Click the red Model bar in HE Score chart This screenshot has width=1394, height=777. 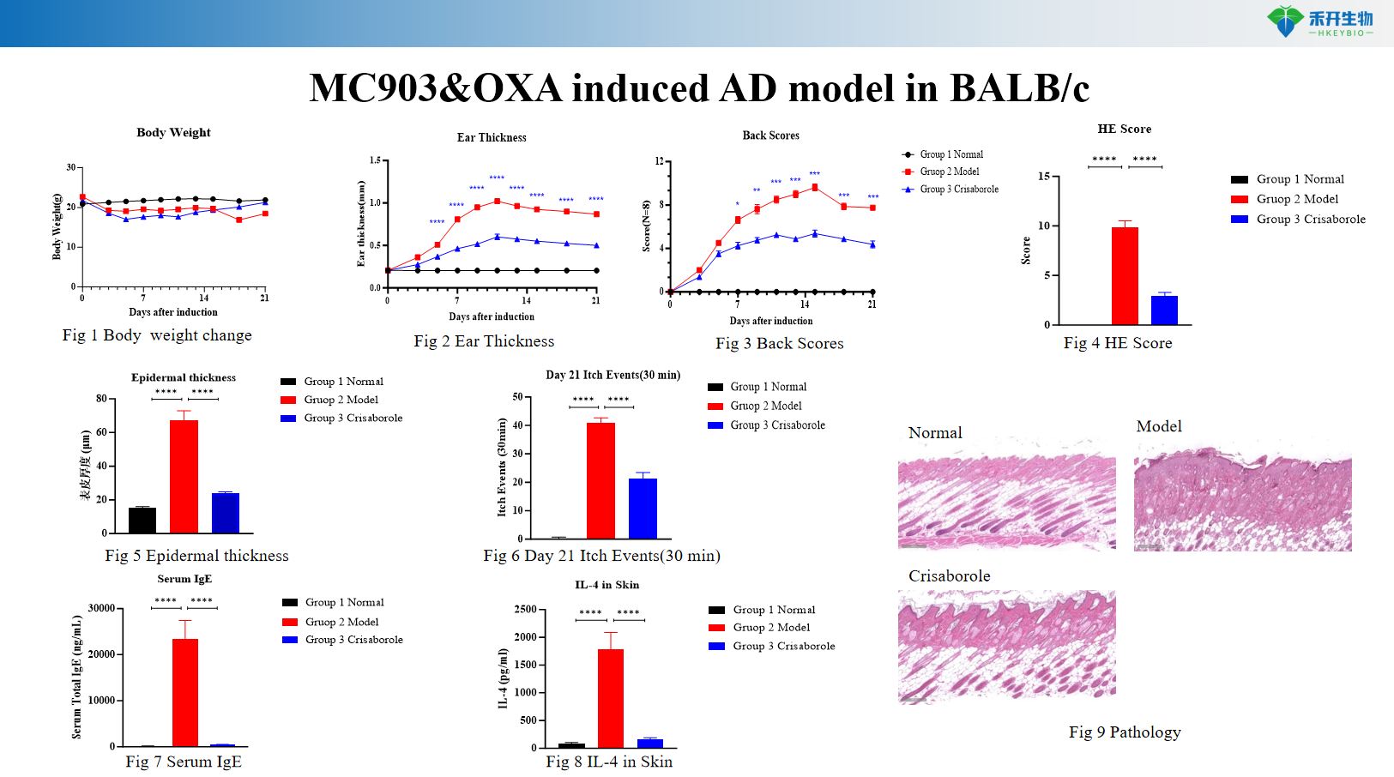point(1125,275)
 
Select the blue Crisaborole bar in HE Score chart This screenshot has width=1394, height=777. point(1164,310)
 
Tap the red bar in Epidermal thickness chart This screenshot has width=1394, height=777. point(184,476)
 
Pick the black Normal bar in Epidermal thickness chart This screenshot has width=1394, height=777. point(142,520)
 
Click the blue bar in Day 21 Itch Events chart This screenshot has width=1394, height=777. point(643,508)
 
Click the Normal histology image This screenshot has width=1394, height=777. point(1006,503)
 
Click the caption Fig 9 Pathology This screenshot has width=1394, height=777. point(1125,732)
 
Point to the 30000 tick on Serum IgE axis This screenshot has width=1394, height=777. point(101,608)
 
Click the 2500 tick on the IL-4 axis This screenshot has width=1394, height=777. point(525,609)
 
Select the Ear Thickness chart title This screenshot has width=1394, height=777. point(492,137)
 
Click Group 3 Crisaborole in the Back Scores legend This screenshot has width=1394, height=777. point(959,190)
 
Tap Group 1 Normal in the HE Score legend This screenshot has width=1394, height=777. point(1300,179)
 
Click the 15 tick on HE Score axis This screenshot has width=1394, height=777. point(1044,177)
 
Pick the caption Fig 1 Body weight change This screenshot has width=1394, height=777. point(157,335)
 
